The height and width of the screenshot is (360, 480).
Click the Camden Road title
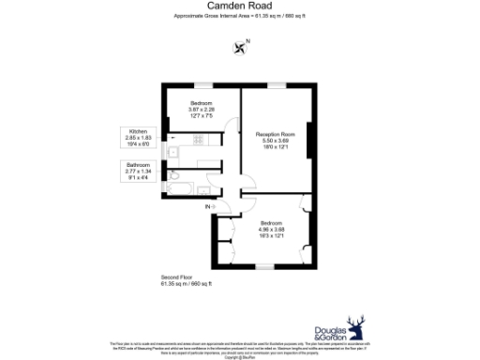click(239, 7)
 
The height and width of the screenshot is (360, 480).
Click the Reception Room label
click(277, 134)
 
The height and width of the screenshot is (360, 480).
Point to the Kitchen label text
click(137, 132)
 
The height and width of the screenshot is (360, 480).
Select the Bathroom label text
click(137, 165)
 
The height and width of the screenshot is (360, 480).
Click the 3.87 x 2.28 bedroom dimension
click(202, 110)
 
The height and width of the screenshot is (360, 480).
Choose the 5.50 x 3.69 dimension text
click(277, 141)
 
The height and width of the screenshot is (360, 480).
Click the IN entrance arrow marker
click(210, 206)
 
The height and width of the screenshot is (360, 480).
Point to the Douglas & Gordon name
click(327, 335)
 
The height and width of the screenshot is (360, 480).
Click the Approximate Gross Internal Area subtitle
click(239, 18)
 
